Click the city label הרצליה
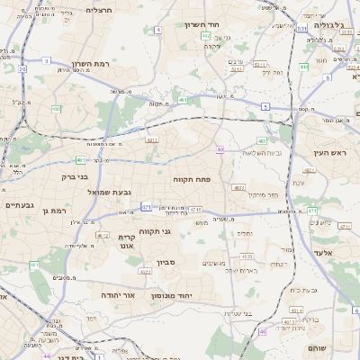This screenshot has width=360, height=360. coord(98,10)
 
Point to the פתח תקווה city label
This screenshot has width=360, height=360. coord(192,179)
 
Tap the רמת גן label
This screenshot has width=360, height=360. coord(54,211)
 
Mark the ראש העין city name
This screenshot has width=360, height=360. coord(328,153)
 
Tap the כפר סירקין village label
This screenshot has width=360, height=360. coord(261,194)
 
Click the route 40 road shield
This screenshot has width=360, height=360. coord(220,149)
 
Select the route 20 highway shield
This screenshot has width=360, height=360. coord(22,68)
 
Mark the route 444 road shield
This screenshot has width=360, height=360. coord(305,67)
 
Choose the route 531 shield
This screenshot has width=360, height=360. coord(302,29)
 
